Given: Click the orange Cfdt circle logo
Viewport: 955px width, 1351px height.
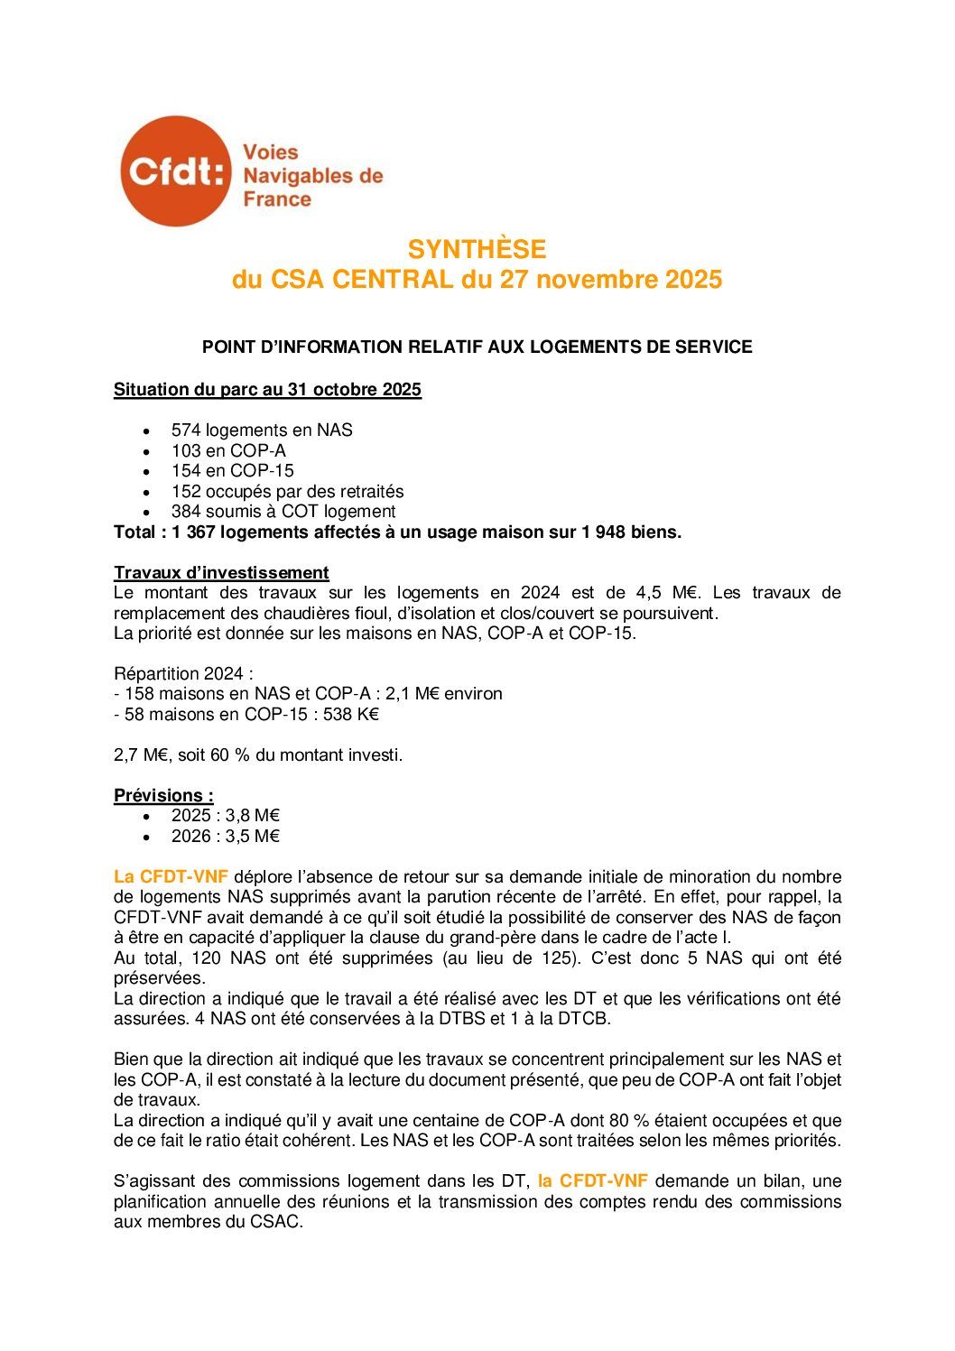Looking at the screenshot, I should (175, 171).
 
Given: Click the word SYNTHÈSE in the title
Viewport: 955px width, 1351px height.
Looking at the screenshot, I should (477, 249).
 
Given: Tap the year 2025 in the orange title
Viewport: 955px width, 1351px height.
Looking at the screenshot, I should (693, 280).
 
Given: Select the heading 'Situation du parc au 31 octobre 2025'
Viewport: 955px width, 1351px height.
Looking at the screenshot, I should (267, 390).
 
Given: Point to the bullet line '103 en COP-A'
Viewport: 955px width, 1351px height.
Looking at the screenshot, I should (228, 450).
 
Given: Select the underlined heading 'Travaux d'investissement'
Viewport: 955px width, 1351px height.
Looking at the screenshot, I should (221, 572).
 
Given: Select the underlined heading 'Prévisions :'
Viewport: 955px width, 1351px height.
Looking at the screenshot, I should (163, 795).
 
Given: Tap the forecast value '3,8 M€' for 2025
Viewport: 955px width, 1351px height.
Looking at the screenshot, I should (253, 816).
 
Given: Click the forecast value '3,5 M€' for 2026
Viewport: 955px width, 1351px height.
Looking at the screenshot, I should (253, 836).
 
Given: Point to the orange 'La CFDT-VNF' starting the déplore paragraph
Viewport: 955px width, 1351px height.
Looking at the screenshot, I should (171, 876).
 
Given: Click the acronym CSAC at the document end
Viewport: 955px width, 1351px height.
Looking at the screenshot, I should (275, 1222).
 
